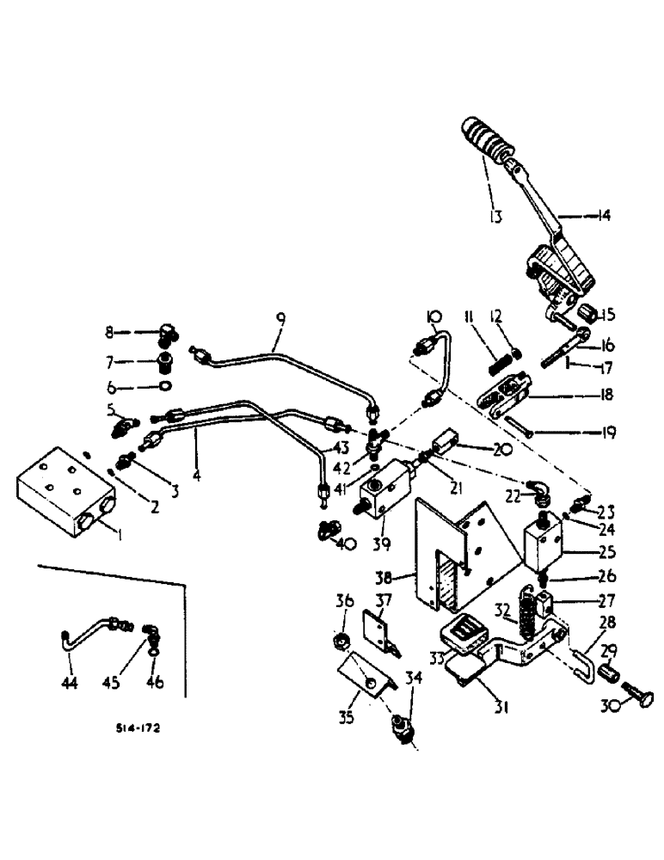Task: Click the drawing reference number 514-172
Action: pyautogui.click(x=138, y=727)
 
